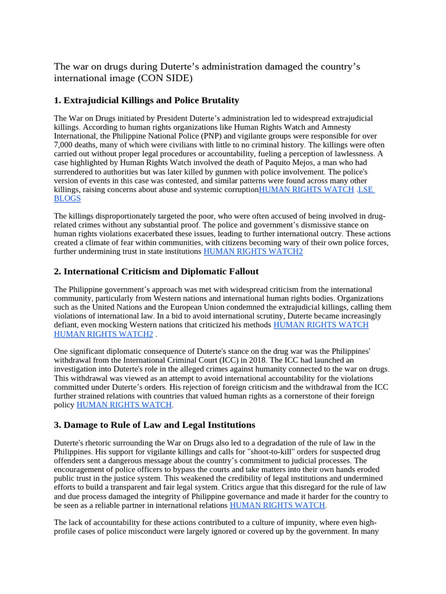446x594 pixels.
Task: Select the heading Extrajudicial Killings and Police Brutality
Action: (151, 100)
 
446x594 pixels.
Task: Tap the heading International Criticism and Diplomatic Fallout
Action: (161, 271)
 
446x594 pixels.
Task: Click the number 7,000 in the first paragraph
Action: (66, 144)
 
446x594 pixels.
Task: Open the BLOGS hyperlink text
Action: (67, 198)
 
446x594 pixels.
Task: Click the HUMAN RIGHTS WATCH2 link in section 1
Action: (253, 252)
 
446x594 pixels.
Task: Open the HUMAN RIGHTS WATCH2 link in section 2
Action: (103, 334)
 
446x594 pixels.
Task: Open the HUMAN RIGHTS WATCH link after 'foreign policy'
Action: (124, 405)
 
